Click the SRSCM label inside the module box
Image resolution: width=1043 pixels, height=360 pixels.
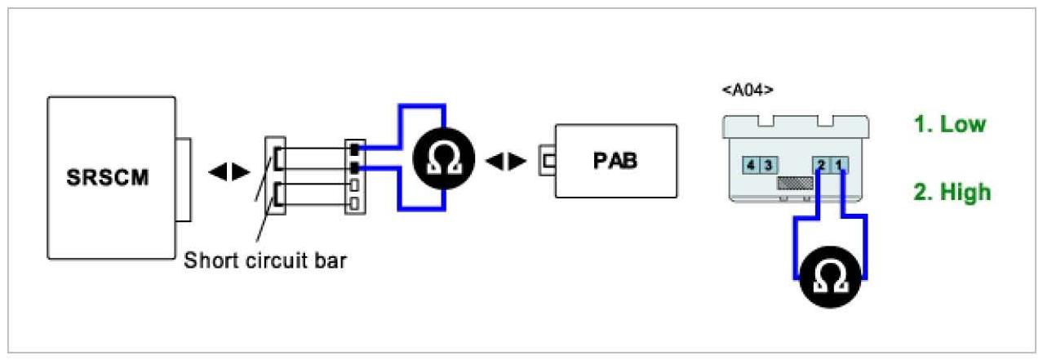click(x=109, y=176)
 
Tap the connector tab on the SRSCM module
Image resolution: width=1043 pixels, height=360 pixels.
click(x=183, y=180)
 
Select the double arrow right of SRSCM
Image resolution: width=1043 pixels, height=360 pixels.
click(x=229, y=172)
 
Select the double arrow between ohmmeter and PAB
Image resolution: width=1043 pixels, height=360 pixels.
click(x=505, y=161)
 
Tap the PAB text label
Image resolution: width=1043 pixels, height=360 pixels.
click(x=615, y=160)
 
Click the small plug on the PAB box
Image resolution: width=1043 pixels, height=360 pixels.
click(x=546, y=160)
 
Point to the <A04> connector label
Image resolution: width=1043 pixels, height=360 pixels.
click(x=747, y=89)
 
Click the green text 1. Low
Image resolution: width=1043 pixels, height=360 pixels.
click(x=949, y=125)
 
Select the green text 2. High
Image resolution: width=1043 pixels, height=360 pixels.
click(x=952, y=193)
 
